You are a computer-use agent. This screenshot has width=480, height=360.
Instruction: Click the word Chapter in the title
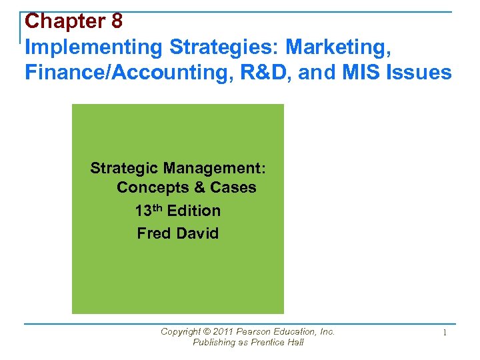point(64,21)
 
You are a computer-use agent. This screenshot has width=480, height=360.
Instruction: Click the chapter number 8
point(117,21)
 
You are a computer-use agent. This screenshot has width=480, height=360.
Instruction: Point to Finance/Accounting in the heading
point(106,72)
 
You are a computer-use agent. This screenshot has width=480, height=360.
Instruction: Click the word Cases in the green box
point(233,187)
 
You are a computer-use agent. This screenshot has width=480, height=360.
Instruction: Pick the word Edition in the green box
point(194,211)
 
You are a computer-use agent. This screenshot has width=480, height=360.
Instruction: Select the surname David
point(197,233)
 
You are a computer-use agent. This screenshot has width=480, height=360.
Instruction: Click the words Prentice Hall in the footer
point(276,342)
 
